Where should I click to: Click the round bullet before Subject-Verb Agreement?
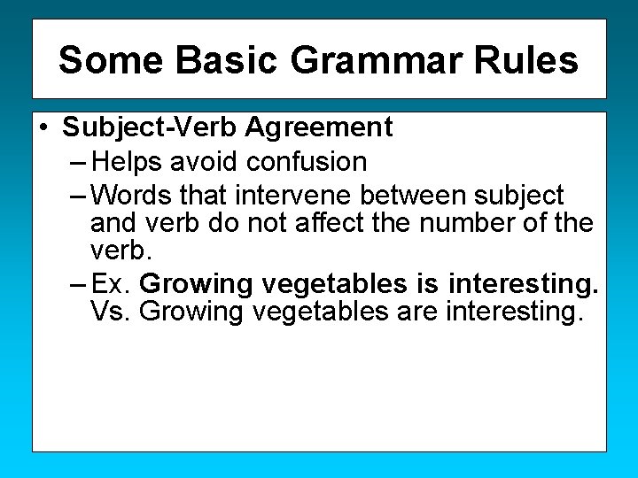[43, 127]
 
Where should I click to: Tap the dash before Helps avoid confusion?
[77, 162]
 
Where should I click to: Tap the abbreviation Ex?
[111, 285]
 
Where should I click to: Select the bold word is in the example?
[424, 285]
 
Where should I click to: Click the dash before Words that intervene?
[77, 194]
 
